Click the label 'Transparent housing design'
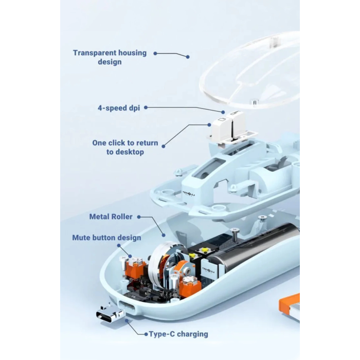coord(110,57)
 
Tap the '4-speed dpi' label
coord(119,107)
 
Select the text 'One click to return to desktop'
coord(125,147)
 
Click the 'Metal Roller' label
coord(111,217)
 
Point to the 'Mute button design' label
coord(107,238)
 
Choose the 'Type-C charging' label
coord(178,334)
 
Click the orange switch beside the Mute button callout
coord(135,266)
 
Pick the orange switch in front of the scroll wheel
coord(190,285)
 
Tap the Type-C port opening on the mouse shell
coord(127,308)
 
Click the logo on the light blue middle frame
coord(189,193)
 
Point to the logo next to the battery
coord(208,269)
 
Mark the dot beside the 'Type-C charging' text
coord(146,334)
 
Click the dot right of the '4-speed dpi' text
coord(146,107)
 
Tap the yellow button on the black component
coord(204,251)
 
